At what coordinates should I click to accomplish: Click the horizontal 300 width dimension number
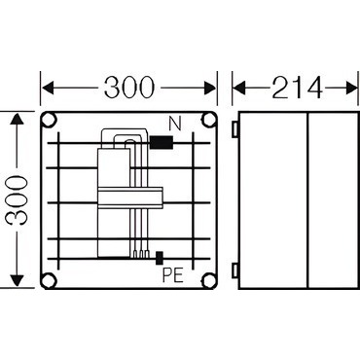tap(129, 88)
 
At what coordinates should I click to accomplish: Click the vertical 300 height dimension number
tap(18, 200)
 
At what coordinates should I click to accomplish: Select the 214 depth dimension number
tap(298, 88)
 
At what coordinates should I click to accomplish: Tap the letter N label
tap(175, 124)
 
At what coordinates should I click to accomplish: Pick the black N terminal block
tap(162, 142)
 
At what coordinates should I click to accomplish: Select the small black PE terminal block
tap(160, 258)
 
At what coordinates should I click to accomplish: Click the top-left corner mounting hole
tap(50, 120)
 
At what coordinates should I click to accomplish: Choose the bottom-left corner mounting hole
tap(50, 280)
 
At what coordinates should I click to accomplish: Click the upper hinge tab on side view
tap(235, 128)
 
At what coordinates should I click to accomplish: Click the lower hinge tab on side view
tap(235, 270)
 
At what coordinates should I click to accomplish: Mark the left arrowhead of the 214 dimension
tap(238, 88)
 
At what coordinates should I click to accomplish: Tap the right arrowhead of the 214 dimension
tap(352, 88)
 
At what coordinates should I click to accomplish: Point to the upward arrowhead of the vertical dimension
tap(18, 120)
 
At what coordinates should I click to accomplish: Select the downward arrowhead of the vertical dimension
tap(18, 279)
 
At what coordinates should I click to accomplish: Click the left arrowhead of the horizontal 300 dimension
tap(48, 88)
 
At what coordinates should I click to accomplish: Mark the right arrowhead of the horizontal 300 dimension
tap(209, 88)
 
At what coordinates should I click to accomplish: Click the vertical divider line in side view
tap(307, 200)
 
